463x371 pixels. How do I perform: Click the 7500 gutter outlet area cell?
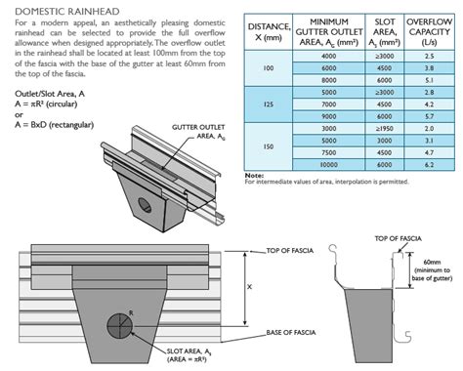point(328,151)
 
